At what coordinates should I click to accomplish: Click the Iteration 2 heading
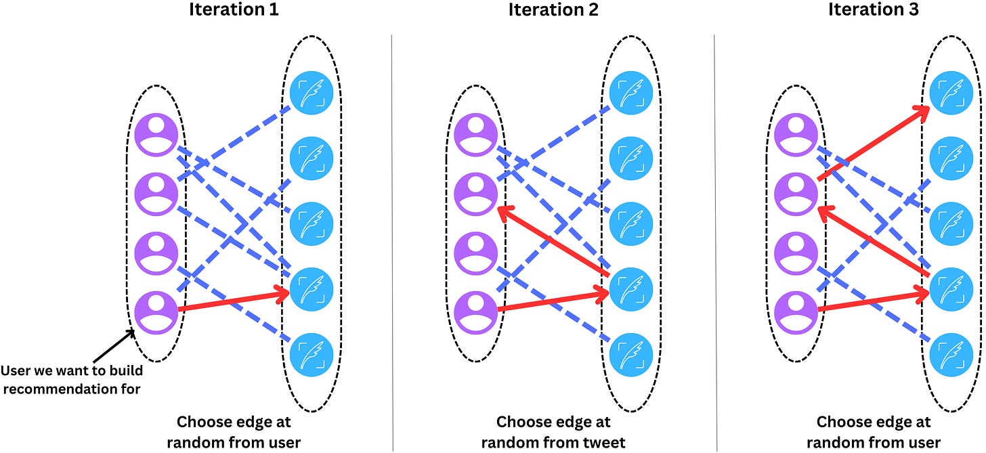point(554,11)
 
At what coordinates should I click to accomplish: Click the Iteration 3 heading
point(872,11)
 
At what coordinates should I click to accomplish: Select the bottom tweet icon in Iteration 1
point(312,354)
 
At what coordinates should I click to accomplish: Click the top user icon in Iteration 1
point(156,134)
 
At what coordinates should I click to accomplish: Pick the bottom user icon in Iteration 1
point(156,311)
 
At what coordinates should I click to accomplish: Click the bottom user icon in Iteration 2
point(476,311)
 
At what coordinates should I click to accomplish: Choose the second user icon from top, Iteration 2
point(476,192)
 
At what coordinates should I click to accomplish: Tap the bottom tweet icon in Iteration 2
point(631,354)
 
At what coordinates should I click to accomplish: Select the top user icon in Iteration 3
point(796,134)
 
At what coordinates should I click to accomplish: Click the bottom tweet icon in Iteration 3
point(951,354)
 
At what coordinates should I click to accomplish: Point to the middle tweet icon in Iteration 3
point(951,223)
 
